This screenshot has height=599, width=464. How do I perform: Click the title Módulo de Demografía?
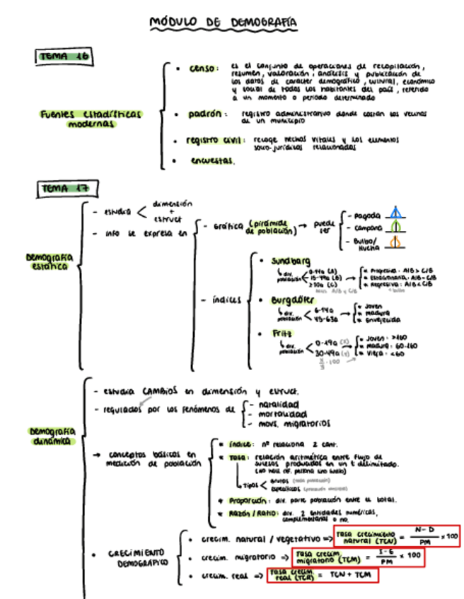point(223,23)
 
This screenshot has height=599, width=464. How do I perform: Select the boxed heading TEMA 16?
point(64,57)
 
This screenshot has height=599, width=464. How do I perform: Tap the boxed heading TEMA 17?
point(66,189)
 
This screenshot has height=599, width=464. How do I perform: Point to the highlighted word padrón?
point(204,113)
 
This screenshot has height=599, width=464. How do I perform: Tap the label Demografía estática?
point(50,261)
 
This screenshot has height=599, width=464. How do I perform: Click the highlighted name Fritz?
point(282,333)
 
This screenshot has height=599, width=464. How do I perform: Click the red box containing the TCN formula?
point(397,536)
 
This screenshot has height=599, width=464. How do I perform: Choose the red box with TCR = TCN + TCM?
point(322,575)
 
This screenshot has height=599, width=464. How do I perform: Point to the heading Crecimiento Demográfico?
point(137,557)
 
